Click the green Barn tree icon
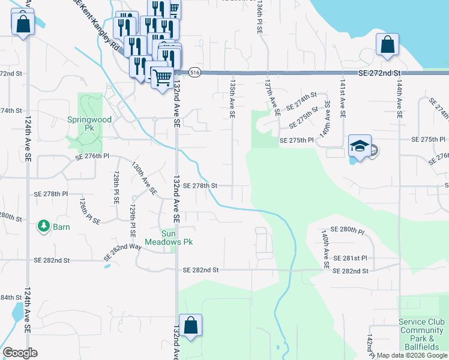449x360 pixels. (43, 226)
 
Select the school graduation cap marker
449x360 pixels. (360, 147)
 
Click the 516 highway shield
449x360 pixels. (194, 72)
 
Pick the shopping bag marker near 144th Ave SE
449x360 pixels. (387, 45)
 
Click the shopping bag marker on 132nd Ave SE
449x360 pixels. (190, 326)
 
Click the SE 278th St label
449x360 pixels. (199, 186)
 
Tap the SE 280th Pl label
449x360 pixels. (348, 230)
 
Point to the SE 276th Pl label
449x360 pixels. (92, 157)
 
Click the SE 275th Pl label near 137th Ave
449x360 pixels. (297, 140)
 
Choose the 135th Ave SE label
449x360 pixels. (232, 96)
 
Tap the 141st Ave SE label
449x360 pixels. (342, 100)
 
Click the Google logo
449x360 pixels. (20, 353)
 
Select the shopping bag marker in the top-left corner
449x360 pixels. (22, 25)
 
